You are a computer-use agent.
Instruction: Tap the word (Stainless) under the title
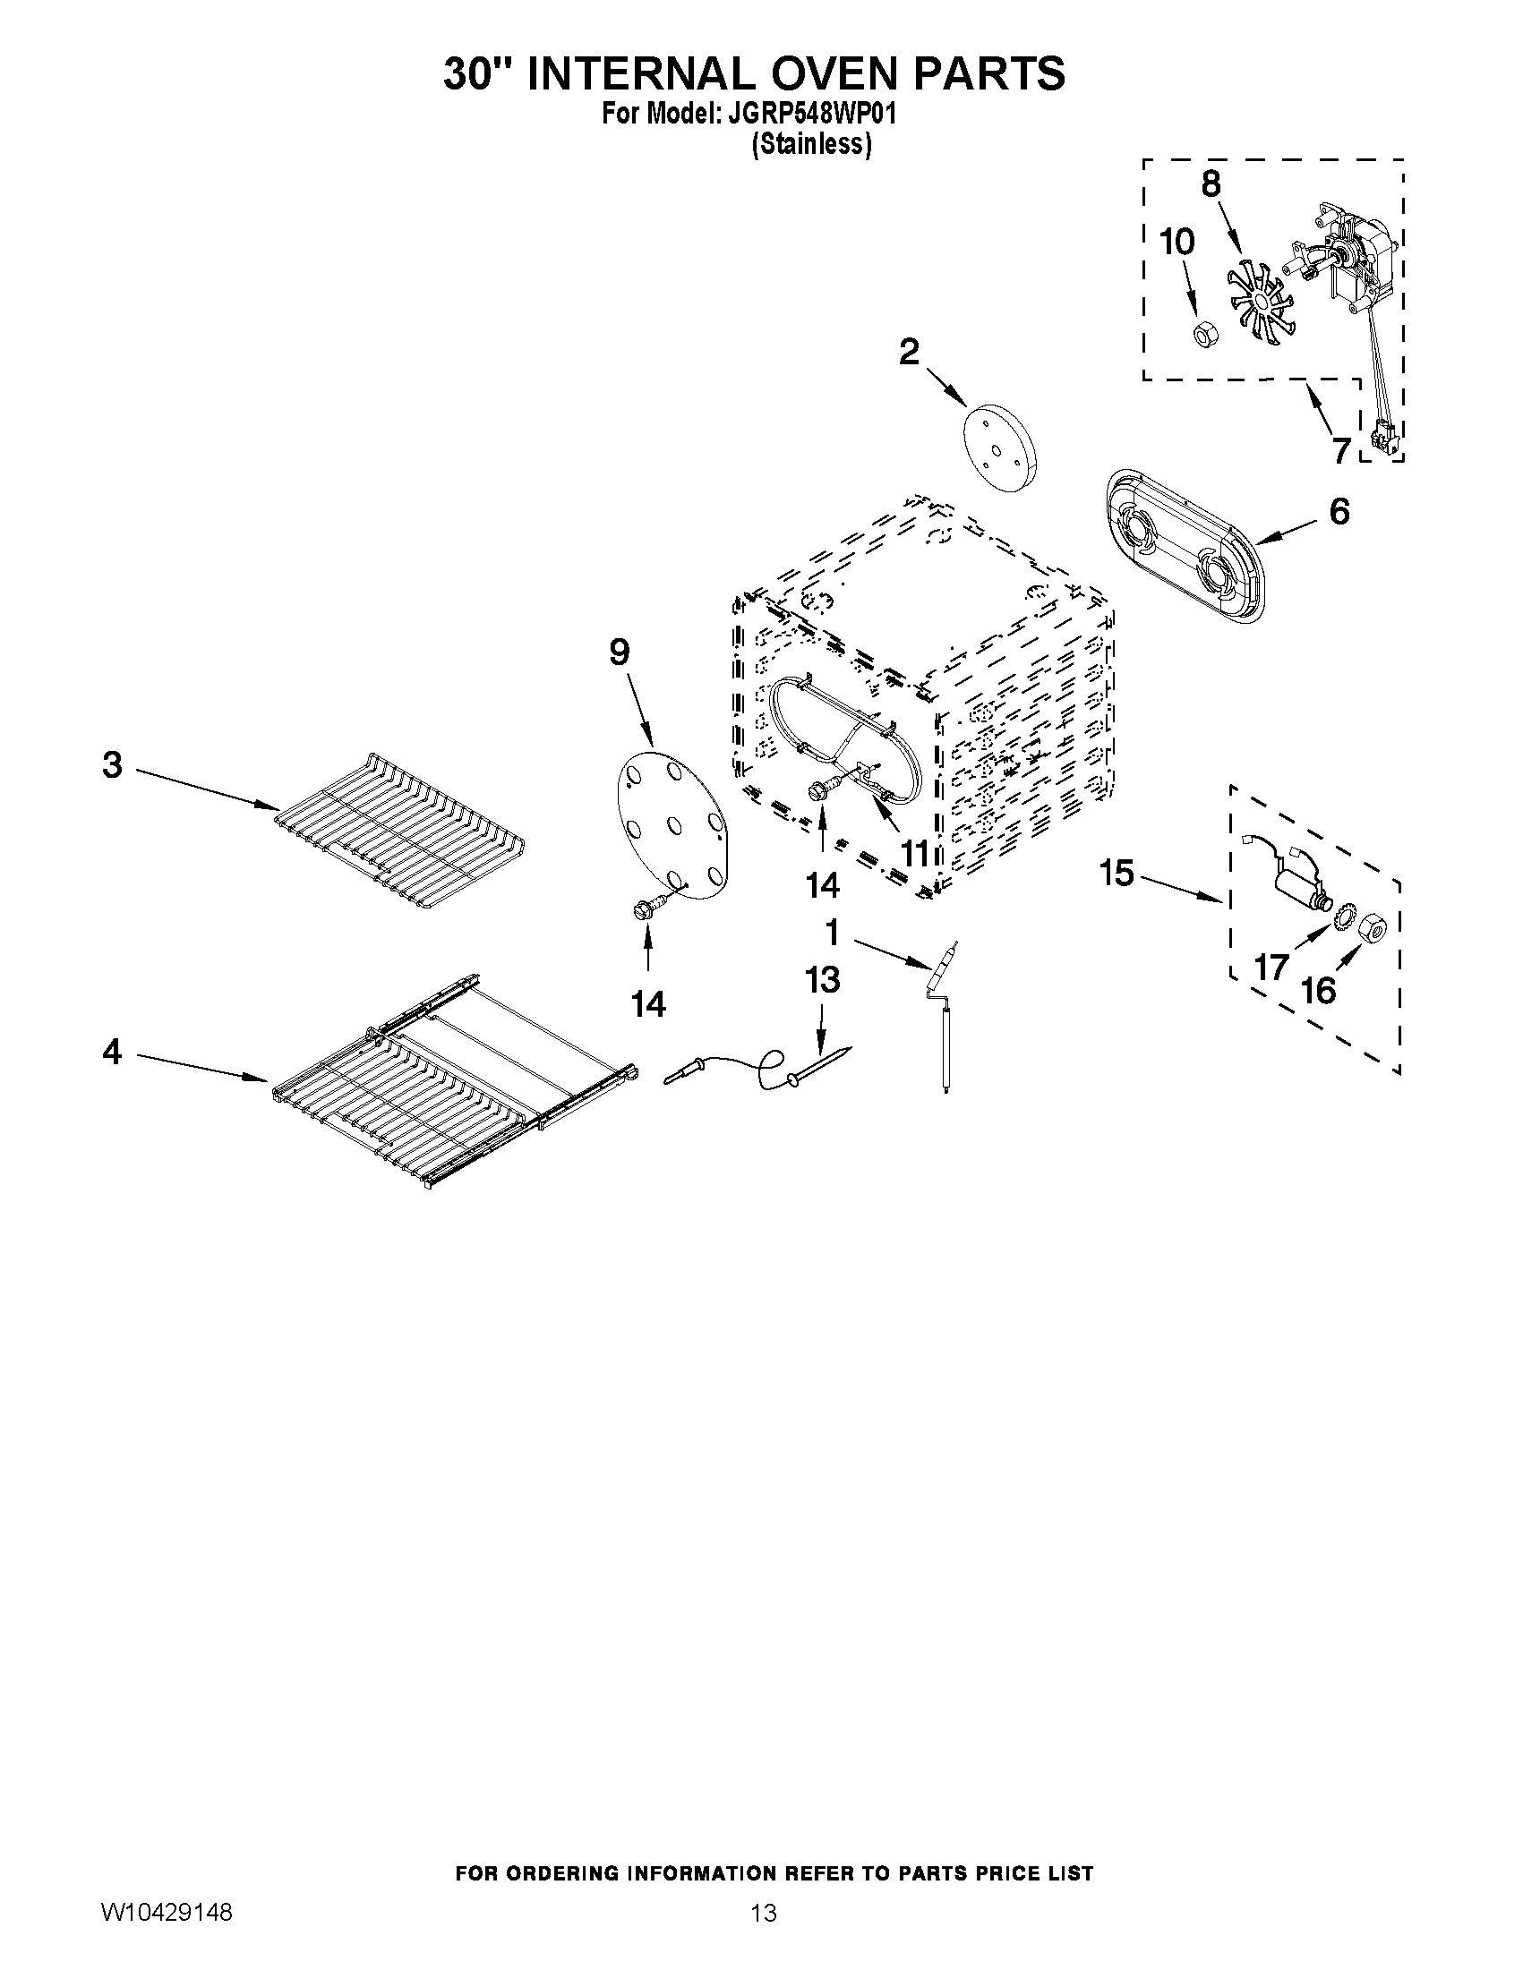point(811,144)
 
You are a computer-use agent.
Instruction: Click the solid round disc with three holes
point(1000,446)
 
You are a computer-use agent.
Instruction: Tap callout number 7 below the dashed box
point(1341,449)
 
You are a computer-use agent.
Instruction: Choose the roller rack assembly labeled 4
point(451,1082)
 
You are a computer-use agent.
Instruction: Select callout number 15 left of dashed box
point(1117,873)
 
